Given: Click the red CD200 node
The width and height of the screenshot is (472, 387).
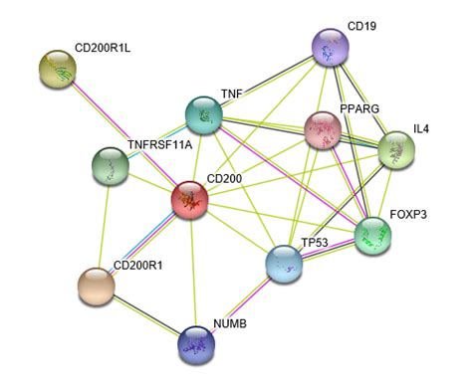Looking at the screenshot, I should click(191, 201).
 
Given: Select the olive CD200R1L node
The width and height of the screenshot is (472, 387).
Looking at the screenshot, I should click(59, 69).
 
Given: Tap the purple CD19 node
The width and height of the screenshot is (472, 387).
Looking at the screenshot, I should click(330, 47).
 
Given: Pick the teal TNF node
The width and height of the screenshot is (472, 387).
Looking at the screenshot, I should click(205, 115).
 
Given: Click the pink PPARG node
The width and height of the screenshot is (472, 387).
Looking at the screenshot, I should click(323, 129).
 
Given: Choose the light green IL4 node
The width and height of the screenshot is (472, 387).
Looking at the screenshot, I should click(396, 150).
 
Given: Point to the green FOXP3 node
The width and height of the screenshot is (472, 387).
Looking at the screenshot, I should click(373, 236).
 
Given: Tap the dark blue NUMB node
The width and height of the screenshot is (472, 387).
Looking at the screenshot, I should click(196, 344).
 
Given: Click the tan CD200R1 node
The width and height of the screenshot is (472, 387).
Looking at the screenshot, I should click(96, 287).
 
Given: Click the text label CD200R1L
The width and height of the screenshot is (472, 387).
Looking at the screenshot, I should click(103, 47).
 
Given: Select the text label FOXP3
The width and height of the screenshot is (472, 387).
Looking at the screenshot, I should click(410, 214).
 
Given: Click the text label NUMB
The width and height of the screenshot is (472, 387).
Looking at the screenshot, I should click(229, 324).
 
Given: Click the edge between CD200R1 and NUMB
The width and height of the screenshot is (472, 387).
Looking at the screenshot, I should click(145, 315).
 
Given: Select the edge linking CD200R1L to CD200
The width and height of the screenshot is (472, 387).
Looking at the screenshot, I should click(124, 134).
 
